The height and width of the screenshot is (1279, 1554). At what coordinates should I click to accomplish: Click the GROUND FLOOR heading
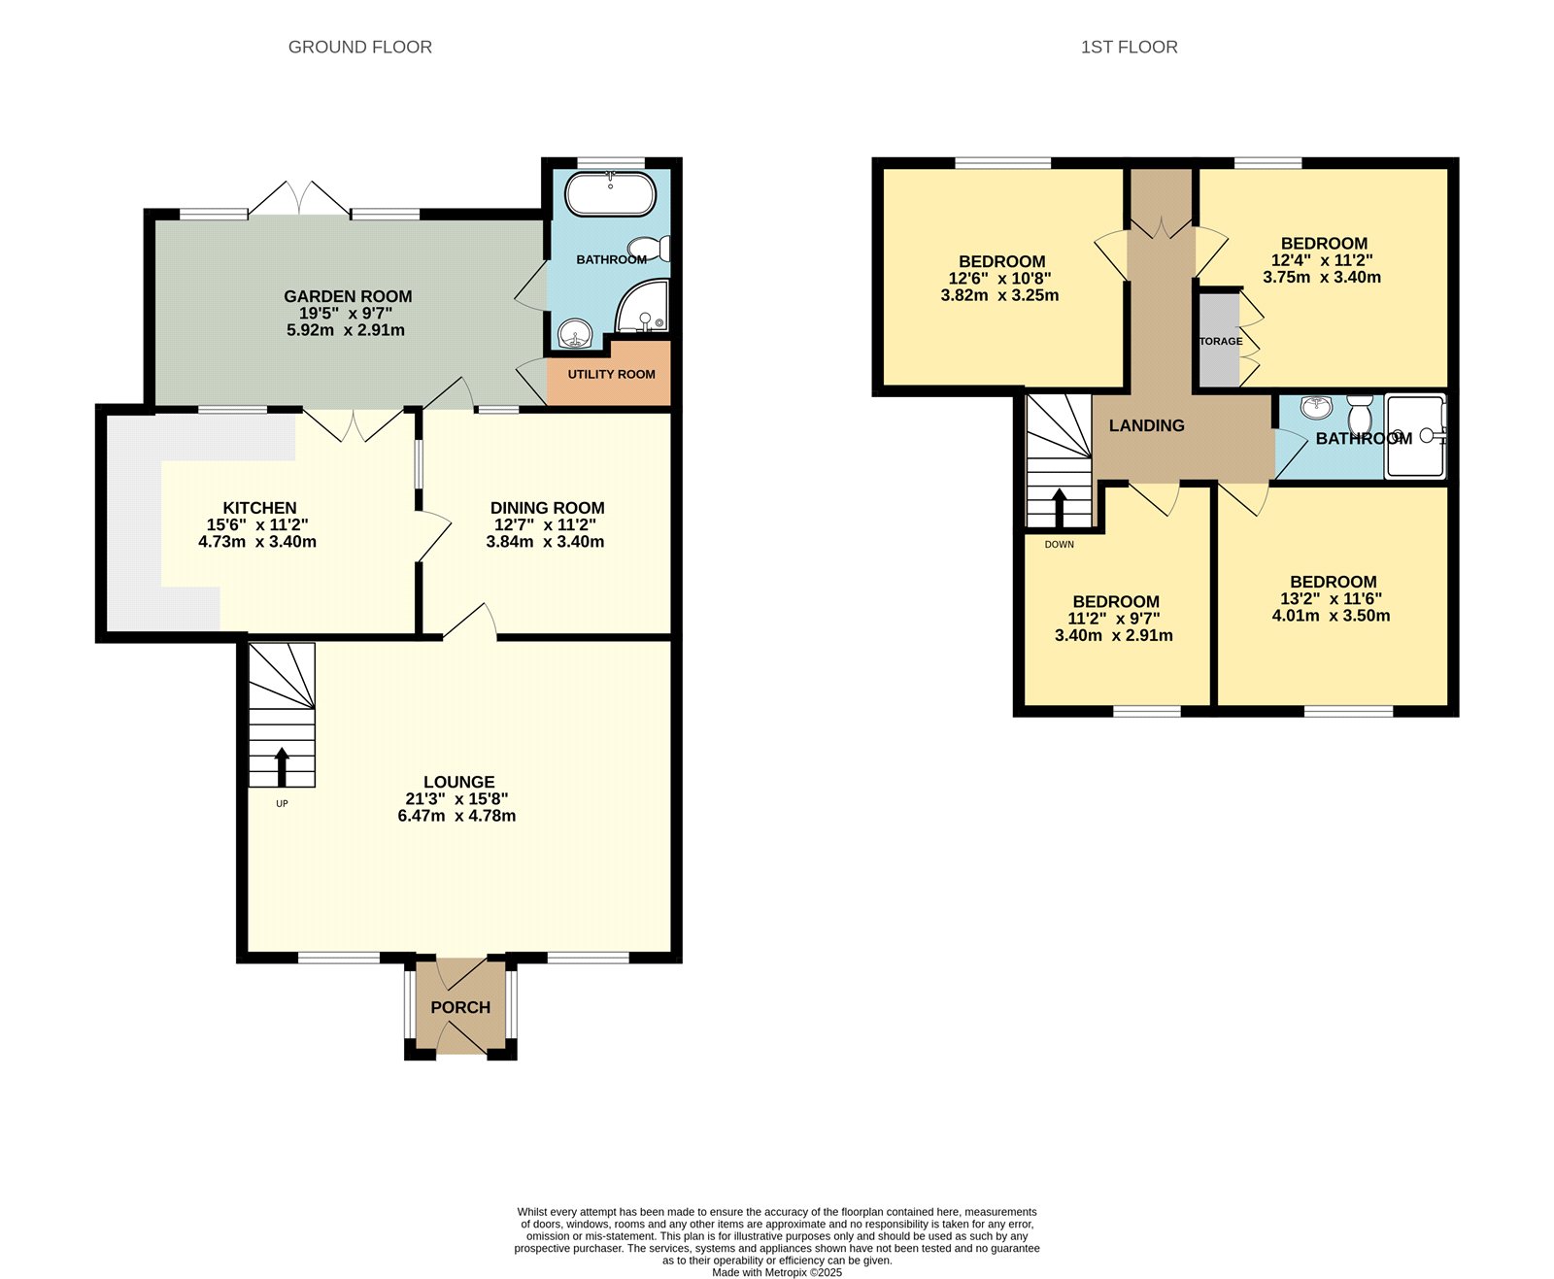(x=359, y=47)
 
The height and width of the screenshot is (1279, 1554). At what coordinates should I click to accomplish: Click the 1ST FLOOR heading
(x=1129, y=47)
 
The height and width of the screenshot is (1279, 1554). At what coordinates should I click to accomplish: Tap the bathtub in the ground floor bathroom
(x=610, y=194)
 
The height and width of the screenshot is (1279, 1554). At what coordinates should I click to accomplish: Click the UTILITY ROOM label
(x=611, y=374)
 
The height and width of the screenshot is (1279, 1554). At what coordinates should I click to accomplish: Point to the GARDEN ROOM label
(x=348, y=296)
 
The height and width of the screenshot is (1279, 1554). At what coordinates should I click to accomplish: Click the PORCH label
(x=460, y=1007)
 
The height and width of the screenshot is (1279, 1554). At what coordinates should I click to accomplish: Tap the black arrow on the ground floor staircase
(x=282, y=765)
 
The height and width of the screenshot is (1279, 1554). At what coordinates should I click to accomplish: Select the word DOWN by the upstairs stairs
(x=1059, y=544)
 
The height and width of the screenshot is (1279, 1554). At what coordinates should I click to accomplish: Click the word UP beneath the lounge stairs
(x=282, y=803)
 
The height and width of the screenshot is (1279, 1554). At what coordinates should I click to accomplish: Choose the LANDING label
(x=1146, y=425)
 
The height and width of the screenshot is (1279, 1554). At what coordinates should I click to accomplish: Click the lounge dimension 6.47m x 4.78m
(x=456, y=816)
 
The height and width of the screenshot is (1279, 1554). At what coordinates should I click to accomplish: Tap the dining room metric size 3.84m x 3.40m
(x=545, y=542)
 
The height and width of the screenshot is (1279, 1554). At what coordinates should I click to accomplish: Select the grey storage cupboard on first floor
(x=1219, y=340)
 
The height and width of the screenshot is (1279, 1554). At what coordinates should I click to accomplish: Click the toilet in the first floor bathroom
(x=1360, y=415)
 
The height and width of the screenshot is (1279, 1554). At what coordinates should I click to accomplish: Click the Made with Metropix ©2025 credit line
(x=777, y=1272)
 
